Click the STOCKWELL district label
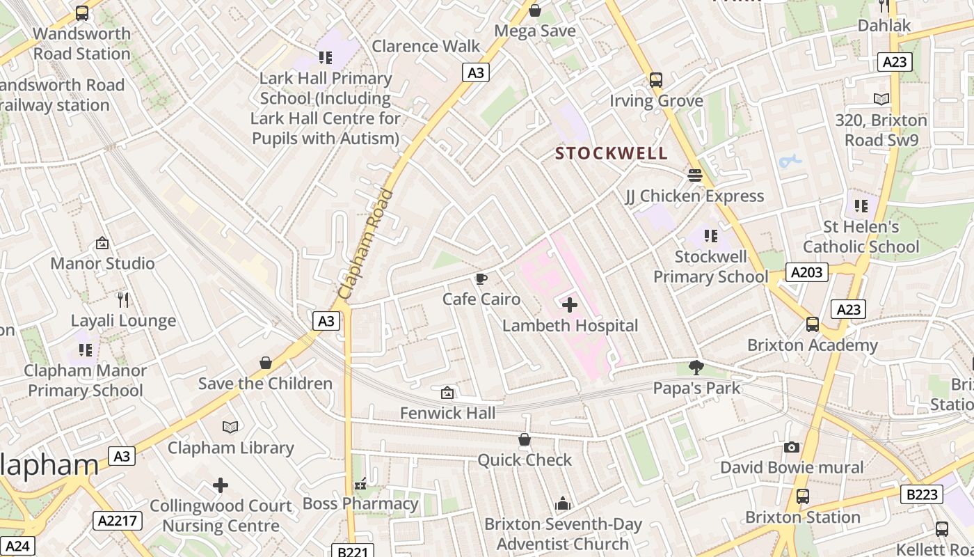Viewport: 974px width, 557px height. [612, 153]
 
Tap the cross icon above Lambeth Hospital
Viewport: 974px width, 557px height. [570, 305]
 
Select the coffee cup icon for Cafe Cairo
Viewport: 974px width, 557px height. [481, 279]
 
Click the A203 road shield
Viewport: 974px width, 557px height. [807, 272]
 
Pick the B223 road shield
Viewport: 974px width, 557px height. [923, 494]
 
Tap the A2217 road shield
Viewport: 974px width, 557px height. [118, 520]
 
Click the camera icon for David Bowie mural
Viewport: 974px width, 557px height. [791, 447]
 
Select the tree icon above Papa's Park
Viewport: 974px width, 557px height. [696, 367]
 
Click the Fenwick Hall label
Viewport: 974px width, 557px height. [448, 413]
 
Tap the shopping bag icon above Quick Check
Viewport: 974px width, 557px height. [525, 439]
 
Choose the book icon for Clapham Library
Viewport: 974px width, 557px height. [230, 427]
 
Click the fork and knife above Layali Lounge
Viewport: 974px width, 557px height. [123, 300]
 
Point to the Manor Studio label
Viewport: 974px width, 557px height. [102, 263]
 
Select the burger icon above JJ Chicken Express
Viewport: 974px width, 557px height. [694, 175]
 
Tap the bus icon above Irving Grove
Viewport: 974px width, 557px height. [656, 80]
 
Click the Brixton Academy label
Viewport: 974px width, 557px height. [813, 345]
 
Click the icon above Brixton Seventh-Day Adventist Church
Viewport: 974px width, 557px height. [563, 503]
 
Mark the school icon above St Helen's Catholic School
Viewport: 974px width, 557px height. [861, 206]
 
